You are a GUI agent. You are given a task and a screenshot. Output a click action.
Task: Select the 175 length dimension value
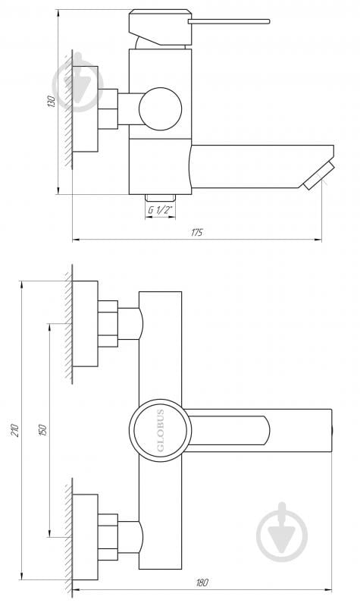(196, 232)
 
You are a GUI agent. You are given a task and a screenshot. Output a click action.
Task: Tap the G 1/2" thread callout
(159, 209)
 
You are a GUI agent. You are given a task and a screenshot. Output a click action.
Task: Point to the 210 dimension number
(14, 430)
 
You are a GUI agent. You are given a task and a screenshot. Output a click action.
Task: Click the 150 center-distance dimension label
(43, 429)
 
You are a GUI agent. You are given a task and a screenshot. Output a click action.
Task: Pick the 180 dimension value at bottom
(201, 582)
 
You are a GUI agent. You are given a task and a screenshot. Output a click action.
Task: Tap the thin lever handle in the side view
(227, 21)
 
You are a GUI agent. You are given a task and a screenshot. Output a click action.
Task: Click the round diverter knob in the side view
(160, 108)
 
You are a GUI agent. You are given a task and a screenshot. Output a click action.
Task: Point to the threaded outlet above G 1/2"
(159, 196)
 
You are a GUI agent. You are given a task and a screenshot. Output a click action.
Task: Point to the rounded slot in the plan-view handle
(227, 430)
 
